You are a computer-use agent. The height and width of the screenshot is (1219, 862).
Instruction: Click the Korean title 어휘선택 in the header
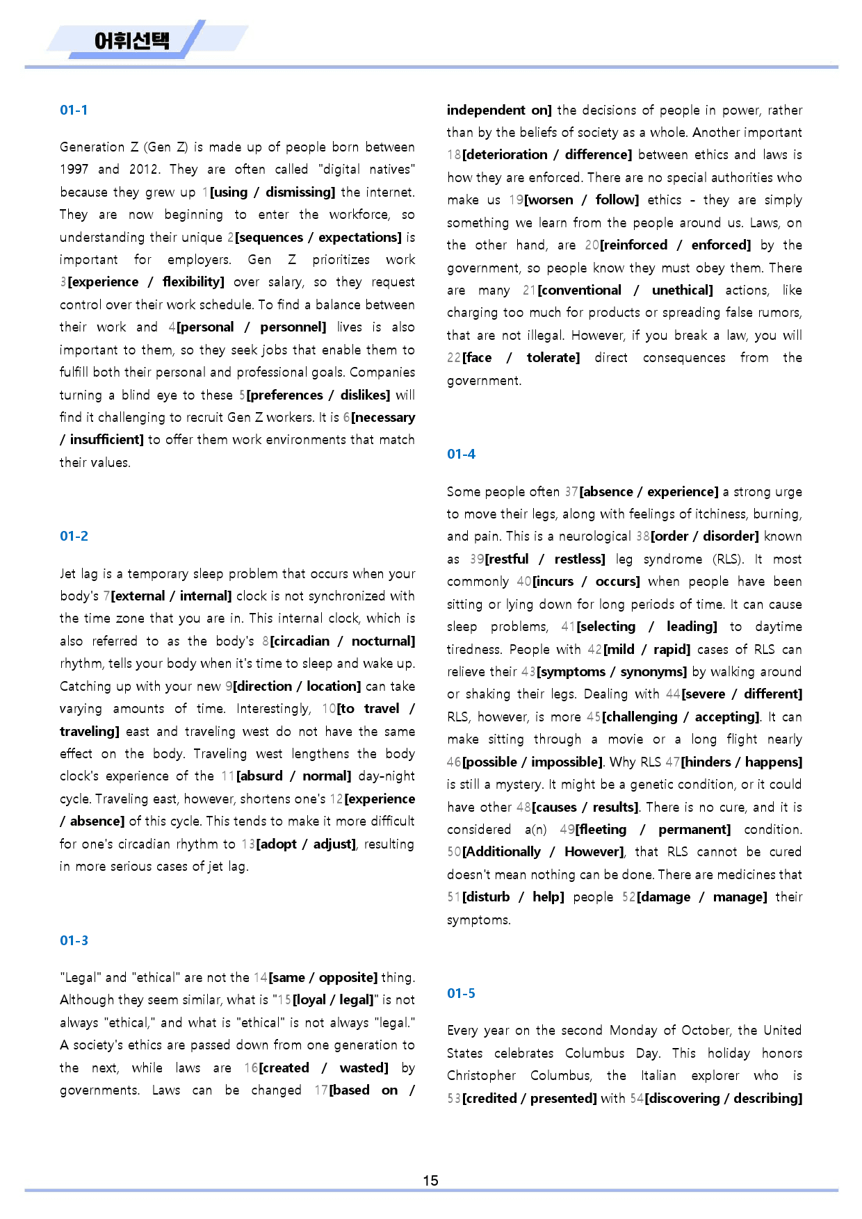click(131, 40)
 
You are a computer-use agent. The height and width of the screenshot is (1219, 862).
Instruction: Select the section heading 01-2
click(74, 536)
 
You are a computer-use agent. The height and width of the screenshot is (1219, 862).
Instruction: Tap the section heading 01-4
click(461, 454)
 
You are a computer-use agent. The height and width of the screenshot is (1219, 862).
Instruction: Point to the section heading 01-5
click(461, 993)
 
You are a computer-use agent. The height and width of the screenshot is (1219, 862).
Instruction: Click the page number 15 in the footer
click(430, 1180)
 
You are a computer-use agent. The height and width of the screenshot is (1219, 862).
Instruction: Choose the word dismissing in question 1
click(299, 192)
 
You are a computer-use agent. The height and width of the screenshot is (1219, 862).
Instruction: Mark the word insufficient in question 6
click(106, 439)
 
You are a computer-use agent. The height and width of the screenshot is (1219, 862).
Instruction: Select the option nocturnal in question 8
click(382, 641)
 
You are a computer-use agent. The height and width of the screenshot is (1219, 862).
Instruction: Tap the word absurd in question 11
click(261, 776)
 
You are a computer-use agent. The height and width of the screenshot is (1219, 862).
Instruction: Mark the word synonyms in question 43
click(651, 671)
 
